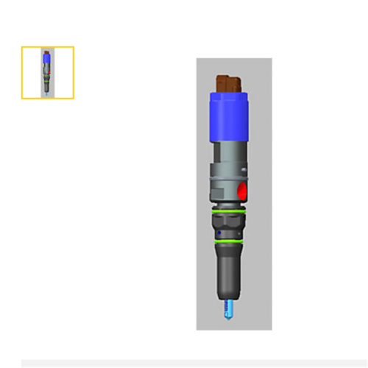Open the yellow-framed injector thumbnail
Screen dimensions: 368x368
(47, 72)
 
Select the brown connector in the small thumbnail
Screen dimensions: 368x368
(47, 50)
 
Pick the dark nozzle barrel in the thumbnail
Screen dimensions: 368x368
(47, 86)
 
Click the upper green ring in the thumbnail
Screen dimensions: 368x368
(47, 76)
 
